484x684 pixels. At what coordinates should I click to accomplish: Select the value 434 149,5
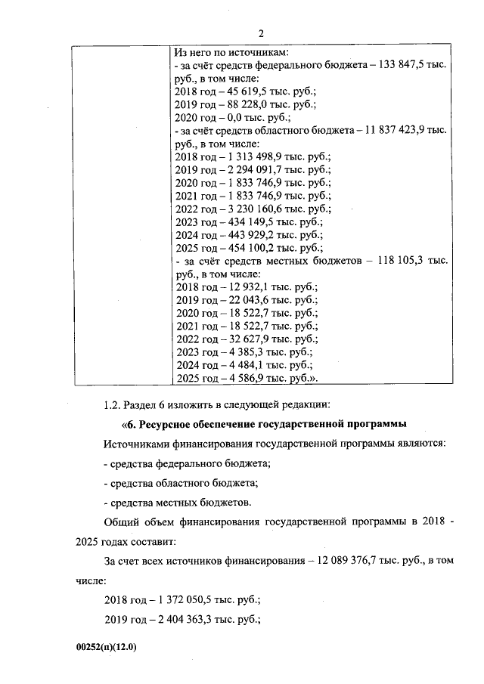coord(243,221)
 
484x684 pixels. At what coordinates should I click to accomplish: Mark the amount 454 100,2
coord(243,247)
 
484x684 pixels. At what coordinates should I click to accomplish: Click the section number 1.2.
coord(113,401)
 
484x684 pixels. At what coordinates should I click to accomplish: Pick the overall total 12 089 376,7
coord(352,562)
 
